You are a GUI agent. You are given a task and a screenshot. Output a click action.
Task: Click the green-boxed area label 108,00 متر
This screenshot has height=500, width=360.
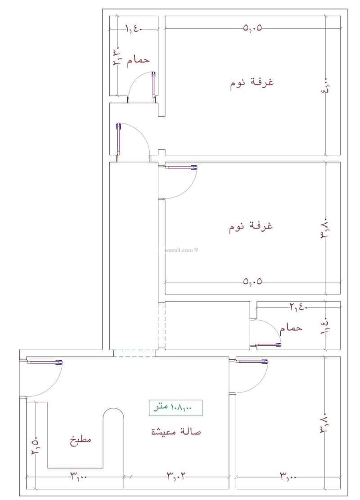[175, 407]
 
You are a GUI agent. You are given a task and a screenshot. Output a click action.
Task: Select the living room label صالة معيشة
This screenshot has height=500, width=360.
[175, 432]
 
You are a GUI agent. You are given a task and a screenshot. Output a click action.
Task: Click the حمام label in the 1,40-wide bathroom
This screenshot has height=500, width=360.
[138, 60]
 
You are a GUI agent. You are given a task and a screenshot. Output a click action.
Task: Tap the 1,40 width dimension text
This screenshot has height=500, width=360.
[133, 29]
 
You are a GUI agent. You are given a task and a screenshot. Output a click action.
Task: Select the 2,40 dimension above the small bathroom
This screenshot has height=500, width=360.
[297, 307]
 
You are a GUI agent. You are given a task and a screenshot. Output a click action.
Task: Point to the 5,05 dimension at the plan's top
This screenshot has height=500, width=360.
[252, 28]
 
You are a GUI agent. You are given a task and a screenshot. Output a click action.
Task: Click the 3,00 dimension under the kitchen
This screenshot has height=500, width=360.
[79, 475]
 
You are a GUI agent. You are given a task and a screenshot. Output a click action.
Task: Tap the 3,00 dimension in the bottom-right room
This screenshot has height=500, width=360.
[288, 475]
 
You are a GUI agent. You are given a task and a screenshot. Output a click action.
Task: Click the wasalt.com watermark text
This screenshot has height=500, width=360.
[180, 250]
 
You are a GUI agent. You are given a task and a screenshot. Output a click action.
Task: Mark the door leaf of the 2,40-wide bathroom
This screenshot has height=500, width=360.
[269, 345]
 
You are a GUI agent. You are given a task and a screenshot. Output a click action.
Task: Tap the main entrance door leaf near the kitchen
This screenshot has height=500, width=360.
[44, 361]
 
